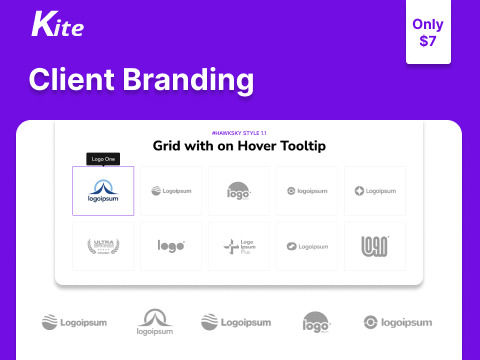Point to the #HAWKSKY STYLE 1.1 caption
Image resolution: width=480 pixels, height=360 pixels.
point(240,132)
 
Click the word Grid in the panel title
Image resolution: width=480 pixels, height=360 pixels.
point(170,146)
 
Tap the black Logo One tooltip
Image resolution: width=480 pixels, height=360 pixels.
point(103,159)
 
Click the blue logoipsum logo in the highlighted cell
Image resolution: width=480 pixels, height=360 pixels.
point(103,190)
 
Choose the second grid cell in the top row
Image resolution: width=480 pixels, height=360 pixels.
point(171,190)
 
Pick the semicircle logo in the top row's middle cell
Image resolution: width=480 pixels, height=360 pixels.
point(239,190)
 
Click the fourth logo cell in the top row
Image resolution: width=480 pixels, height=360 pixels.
point(307,190)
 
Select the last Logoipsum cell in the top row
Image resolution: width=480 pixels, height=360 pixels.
point(375,190)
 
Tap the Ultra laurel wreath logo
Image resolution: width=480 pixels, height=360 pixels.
point(103,246)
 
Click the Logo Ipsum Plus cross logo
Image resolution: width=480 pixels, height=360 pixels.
point(239,246)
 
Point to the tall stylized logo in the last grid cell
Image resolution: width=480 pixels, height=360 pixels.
point(375,246)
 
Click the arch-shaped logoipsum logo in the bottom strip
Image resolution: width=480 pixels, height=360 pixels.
point(154,322)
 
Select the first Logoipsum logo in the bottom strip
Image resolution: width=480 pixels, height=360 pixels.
point(74,322)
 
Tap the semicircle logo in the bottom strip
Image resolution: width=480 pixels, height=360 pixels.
point(317,322)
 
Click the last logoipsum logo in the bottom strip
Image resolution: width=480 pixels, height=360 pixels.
point(397,322)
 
